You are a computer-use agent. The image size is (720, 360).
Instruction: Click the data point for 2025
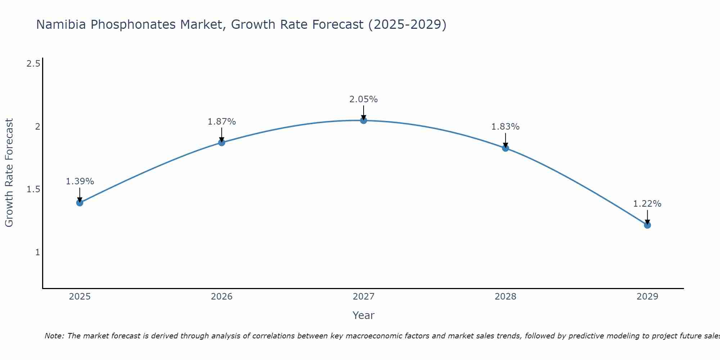(80, 203)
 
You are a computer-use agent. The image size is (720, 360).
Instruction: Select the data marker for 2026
(221, 143)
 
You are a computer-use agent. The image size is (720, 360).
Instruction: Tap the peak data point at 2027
(363, 120)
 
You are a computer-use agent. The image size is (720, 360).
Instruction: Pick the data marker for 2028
(505, 148)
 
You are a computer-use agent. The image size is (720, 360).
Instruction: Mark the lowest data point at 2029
(647, 225)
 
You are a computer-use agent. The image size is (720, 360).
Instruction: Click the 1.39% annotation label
(80, 181)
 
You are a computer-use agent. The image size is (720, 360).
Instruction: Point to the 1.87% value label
(221, 122)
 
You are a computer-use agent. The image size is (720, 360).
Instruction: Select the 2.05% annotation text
(363, 99)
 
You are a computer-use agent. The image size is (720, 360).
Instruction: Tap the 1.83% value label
(505, 127)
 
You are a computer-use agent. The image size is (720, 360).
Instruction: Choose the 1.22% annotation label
(647, 204)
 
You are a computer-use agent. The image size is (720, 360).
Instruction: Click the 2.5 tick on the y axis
(33, 64)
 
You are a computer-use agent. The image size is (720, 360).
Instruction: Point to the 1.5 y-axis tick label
(33, 189)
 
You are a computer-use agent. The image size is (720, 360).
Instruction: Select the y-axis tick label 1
(37, 252)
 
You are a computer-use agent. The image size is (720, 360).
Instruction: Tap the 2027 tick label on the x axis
(363, 297)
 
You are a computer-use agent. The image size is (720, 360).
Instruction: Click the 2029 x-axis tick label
(647, 297)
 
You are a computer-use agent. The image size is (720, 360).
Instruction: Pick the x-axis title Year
(363, 315)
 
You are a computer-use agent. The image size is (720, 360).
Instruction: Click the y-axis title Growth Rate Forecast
(9, 173)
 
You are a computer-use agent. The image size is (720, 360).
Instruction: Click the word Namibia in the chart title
(61, 24)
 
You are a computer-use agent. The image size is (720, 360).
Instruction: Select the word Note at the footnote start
(54, 336)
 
